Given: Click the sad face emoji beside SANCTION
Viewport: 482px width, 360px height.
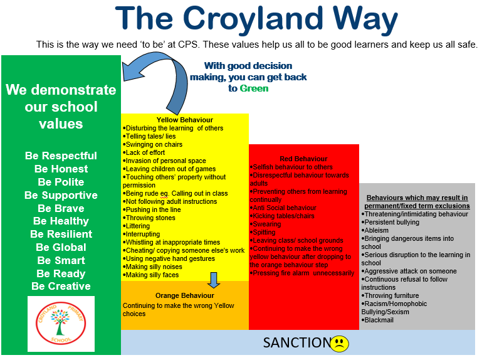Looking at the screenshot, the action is tap(339, 344).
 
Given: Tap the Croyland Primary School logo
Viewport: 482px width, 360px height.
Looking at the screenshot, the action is tap(61, 323).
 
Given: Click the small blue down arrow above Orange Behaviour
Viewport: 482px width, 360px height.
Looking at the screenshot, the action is tap(214, 280).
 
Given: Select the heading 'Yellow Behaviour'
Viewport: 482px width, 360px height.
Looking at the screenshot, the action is tap(185, 120).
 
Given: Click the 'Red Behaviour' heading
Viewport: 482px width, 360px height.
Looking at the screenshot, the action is tap(303, 159).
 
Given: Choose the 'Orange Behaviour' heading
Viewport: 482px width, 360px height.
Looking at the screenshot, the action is tap(185, 295).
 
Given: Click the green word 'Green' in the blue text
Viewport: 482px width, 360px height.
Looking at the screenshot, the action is tap(254, 88).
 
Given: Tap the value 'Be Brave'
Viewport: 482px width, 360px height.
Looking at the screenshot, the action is tap(61, 208).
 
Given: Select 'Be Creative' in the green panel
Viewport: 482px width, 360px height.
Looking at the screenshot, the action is tap(61, 286).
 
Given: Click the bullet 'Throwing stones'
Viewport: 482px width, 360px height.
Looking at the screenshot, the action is tap(149, 218).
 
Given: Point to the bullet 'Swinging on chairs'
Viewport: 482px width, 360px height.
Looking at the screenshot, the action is tap(152, 145).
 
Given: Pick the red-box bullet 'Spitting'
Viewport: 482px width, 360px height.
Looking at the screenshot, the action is tap(263, 232).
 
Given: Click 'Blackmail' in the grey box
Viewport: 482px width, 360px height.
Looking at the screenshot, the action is tap(377, 320).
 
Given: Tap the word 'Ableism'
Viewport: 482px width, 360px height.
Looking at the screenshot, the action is tap(375, 230).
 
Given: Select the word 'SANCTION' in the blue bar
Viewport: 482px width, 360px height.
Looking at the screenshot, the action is tap(297, 343).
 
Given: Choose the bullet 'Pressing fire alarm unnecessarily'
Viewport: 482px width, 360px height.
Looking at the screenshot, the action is tap(302, 273).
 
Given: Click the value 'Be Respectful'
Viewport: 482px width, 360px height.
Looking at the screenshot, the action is tap(61, 156).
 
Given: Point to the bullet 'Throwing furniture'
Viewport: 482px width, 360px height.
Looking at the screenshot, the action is tap(390, 295).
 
